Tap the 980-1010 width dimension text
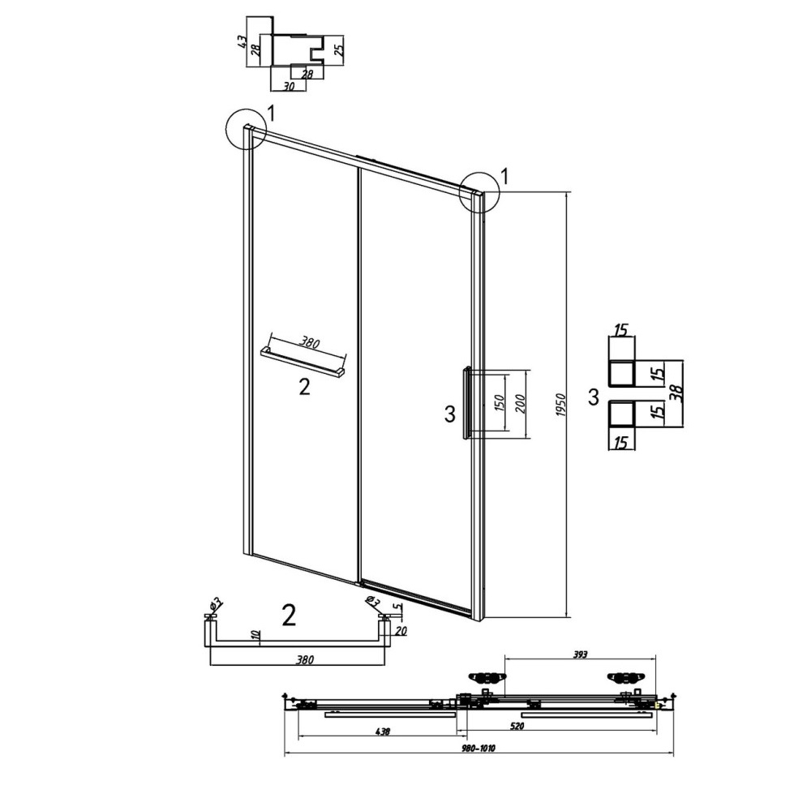coord(479,749)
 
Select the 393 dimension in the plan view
coord(581,654)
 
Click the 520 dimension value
coord(517,726)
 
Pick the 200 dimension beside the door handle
coord(521,404)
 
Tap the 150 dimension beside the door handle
coord(499,404)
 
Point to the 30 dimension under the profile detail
coord(290,87)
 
